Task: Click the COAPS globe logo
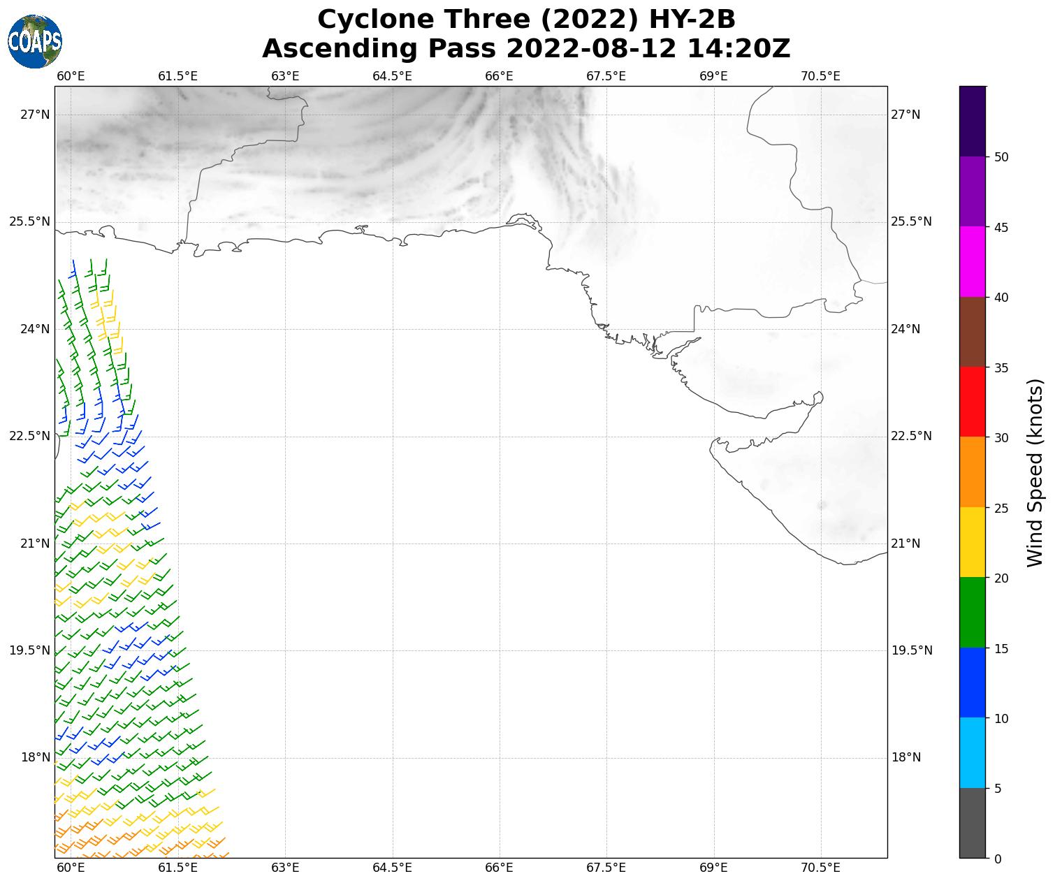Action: coord(35,42)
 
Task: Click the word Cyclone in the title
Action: coord(370,20)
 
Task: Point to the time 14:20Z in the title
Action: coord(738,49)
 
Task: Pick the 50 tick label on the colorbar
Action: coord(1001,157)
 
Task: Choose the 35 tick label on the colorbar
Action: coord(1001,367)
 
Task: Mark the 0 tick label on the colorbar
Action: coord(998,859)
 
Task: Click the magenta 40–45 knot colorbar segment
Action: coord(973,262)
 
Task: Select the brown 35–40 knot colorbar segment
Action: coord(973,332)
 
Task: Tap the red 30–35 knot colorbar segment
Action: coord(973,402)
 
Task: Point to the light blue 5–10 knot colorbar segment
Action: coord(973,753)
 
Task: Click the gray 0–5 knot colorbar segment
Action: coord(973,823)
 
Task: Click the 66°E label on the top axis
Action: coord(499,76)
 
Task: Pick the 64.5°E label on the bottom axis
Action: coord(392,868)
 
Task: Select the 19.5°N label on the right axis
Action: coord(911,650)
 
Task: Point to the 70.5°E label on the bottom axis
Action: coord(820,868)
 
